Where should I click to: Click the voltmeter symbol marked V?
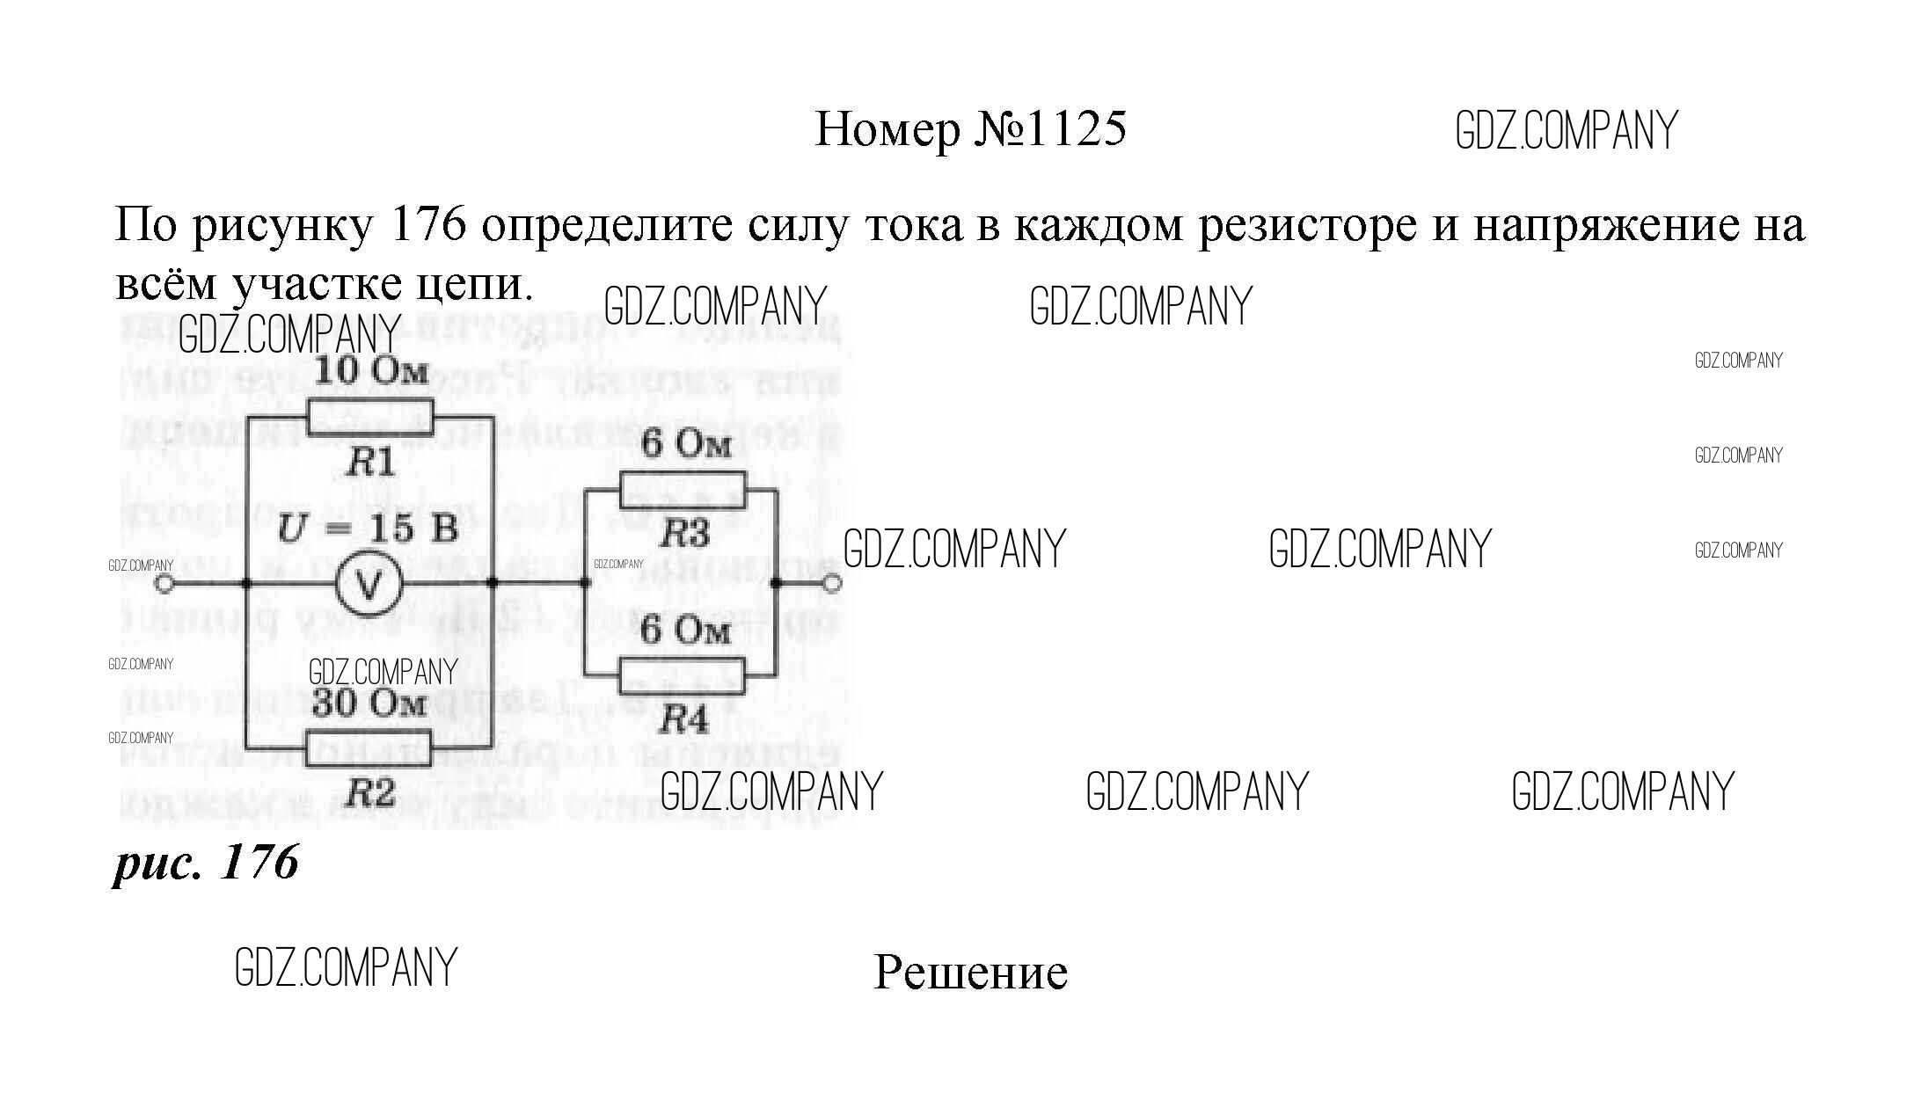[369, 583]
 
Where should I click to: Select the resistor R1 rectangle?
[370, 416]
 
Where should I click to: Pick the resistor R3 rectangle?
[683, 490]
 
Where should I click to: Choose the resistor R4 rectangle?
[683, 676]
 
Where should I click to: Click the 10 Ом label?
[370, 371]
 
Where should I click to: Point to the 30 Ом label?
[370, 703]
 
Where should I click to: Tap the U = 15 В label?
[368, 530]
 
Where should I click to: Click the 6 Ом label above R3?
[685, 445]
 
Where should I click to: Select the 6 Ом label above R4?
[685, 631]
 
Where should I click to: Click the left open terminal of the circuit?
[164, 583]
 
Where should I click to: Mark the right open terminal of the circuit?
[831, 583]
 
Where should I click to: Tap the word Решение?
[970, 973]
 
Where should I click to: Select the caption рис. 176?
[207, 862]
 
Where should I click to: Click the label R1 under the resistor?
[369, 463]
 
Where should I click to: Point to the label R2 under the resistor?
[369, 795]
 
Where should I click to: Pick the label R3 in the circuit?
[684, 533]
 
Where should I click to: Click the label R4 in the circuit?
[683, 721]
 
